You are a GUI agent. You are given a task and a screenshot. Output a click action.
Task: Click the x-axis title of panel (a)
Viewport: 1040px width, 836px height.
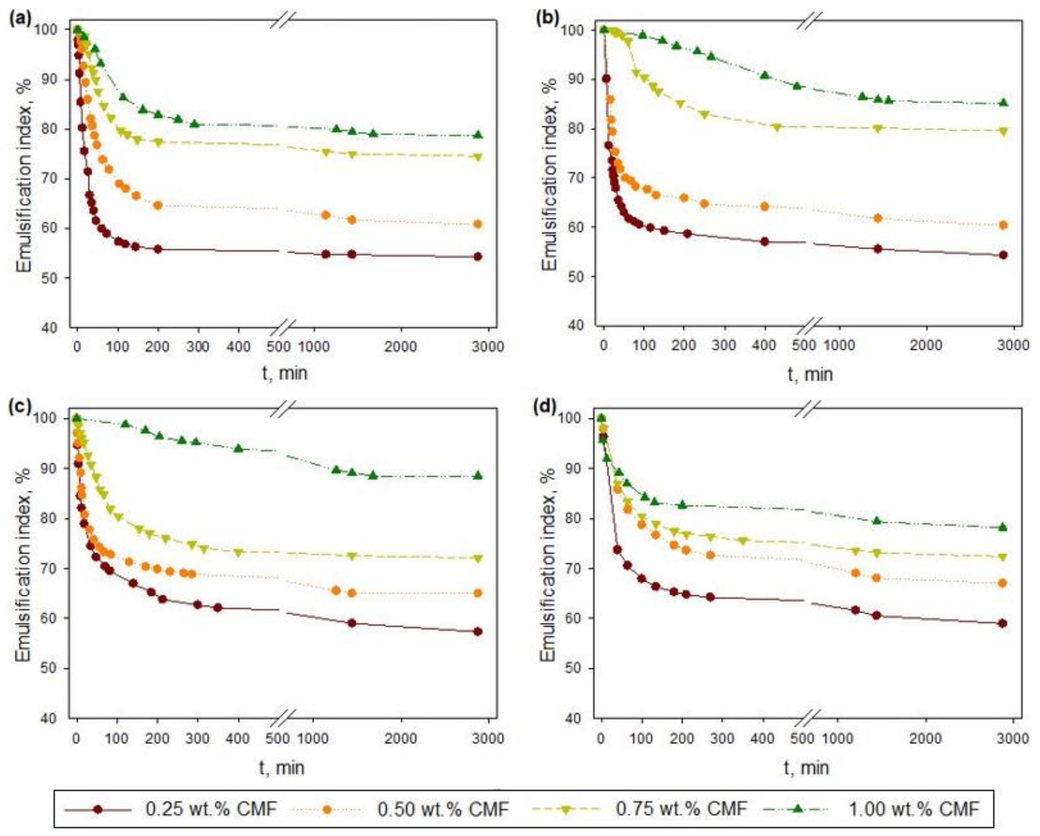[285, 374]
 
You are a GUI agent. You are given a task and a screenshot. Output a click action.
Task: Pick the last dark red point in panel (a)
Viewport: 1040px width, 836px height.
[478, 256]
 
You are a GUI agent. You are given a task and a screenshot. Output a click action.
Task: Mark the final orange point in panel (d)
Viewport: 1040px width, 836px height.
[1002, 583]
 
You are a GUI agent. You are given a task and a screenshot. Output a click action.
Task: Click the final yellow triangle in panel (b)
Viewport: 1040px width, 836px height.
[1003, 131]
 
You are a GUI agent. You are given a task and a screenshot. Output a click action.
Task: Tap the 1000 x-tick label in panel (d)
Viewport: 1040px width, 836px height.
[840, 739]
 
